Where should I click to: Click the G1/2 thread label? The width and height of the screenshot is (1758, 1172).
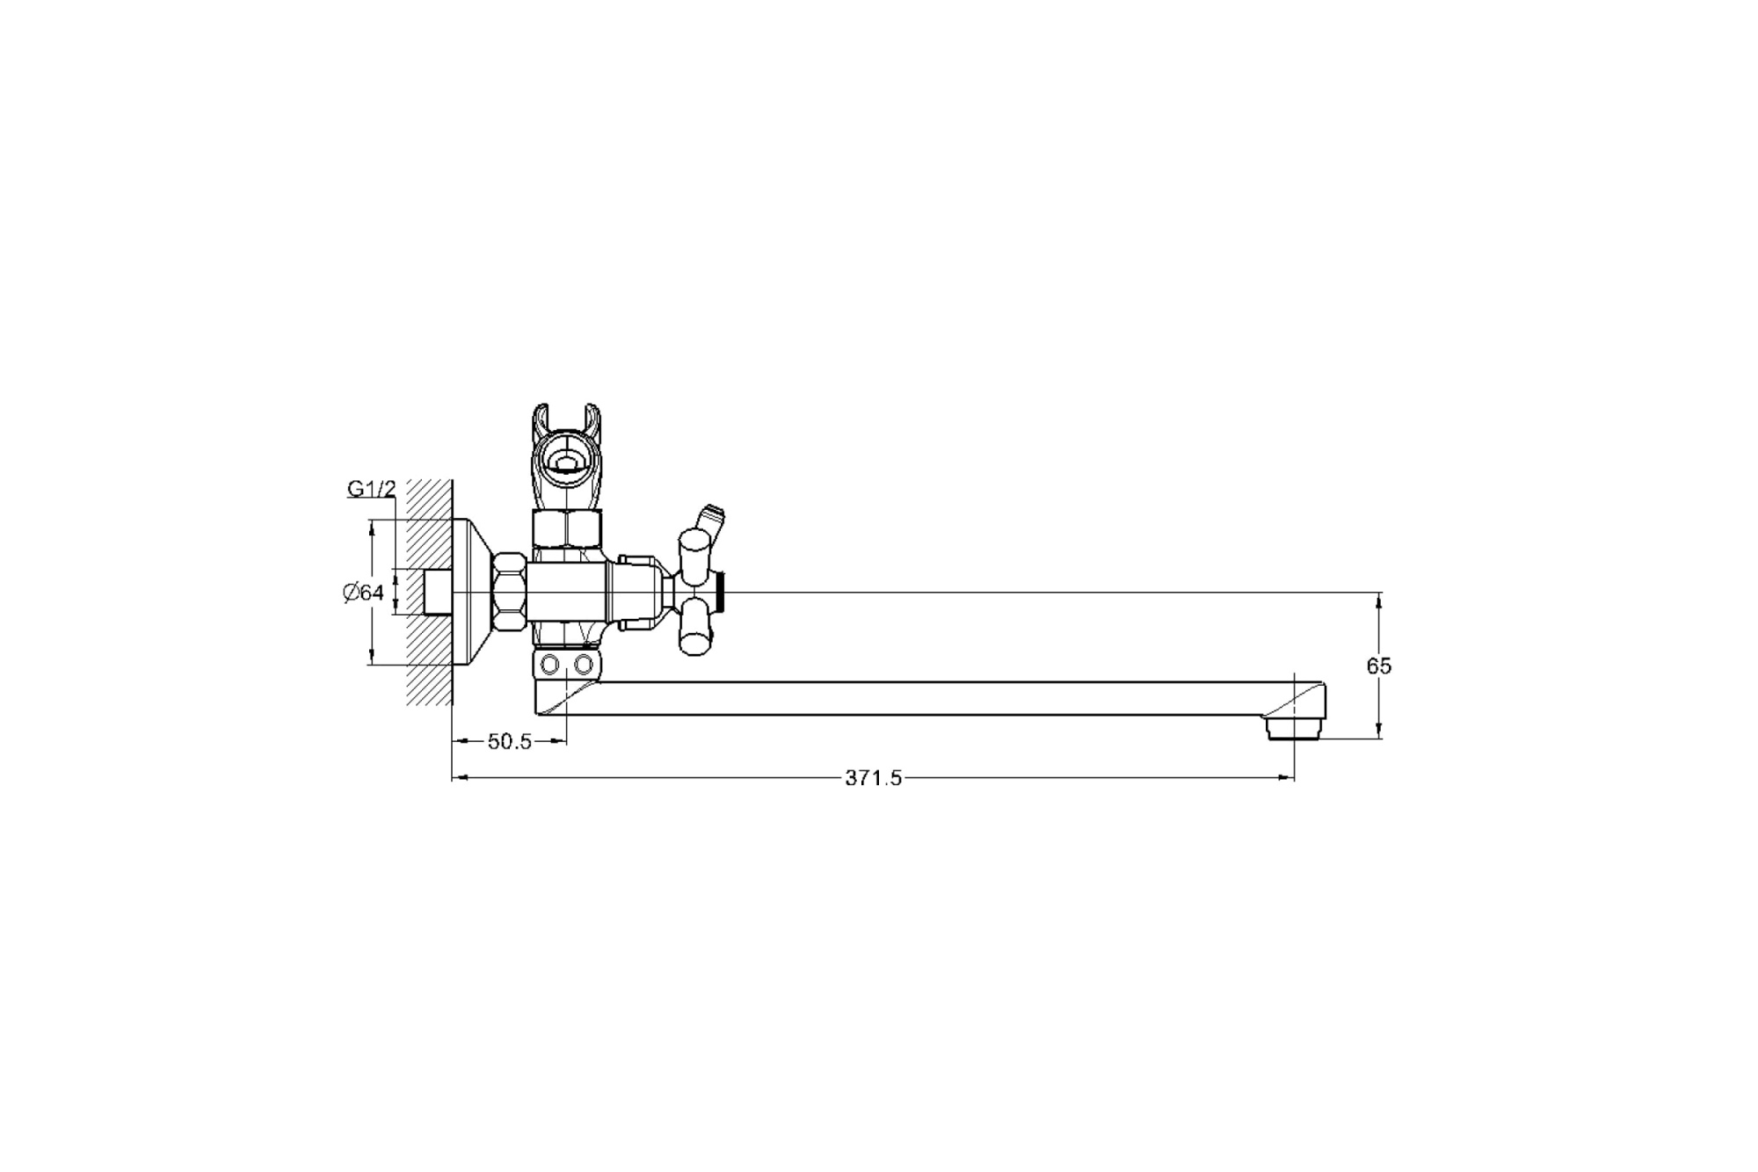[x=372, y=489]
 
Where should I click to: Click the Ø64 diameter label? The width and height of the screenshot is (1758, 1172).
[x=364, y=593]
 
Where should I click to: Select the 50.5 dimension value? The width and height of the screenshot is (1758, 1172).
[x=510, y=742]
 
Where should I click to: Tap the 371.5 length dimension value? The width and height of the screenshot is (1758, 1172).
[x=873, y=778]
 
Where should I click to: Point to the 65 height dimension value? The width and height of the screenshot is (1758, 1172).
[x=1378, y=666]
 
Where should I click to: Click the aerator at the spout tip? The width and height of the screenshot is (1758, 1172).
[x=1294, y=729]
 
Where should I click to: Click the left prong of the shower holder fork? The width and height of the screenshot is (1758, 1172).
[x=541, y=422]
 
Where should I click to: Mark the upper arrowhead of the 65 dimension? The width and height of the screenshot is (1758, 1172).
[x=1378, y=600]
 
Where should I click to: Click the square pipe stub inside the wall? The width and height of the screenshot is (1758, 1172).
[x=437, y=592]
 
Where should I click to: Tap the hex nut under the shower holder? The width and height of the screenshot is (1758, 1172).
[x=568, y=529]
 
